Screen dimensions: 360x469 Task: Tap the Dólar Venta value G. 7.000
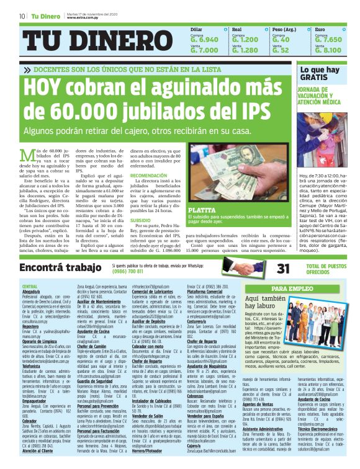204,50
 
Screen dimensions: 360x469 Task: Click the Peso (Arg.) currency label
285,29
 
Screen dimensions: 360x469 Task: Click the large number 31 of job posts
266,268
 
